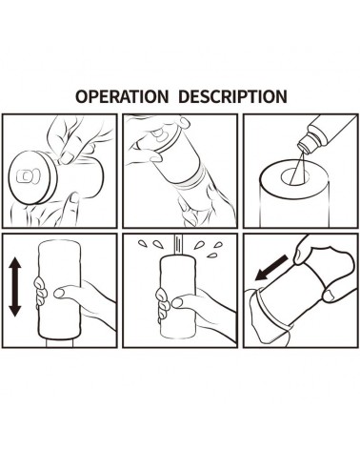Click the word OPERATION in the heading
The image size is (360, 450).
[122, 96]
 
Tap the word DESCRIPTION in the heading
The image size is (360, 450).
[232, 96]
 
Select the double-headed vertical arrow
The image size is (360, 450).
[15, 287]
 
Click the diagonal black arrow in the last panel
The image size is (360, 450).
[271, 268]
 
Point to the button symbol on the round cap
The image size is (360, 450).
[27, 175]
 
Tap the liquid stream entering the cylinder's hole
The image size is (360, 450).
[298, 169]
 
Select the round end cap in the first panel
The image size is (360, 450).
[32, 177]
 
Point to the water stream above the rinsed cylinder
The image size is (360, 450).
[179, 245]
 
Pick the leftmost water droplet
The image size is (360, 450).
[142, 243]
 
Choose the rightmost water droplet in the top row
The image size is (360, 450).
[218, 245]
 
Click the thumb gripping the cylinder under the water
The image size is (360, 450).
[184, 301]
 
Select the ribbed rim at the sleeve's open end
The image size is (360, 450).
[270, 308]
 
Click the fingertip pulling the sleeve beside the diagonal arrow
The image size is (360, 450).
[300, 256]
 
